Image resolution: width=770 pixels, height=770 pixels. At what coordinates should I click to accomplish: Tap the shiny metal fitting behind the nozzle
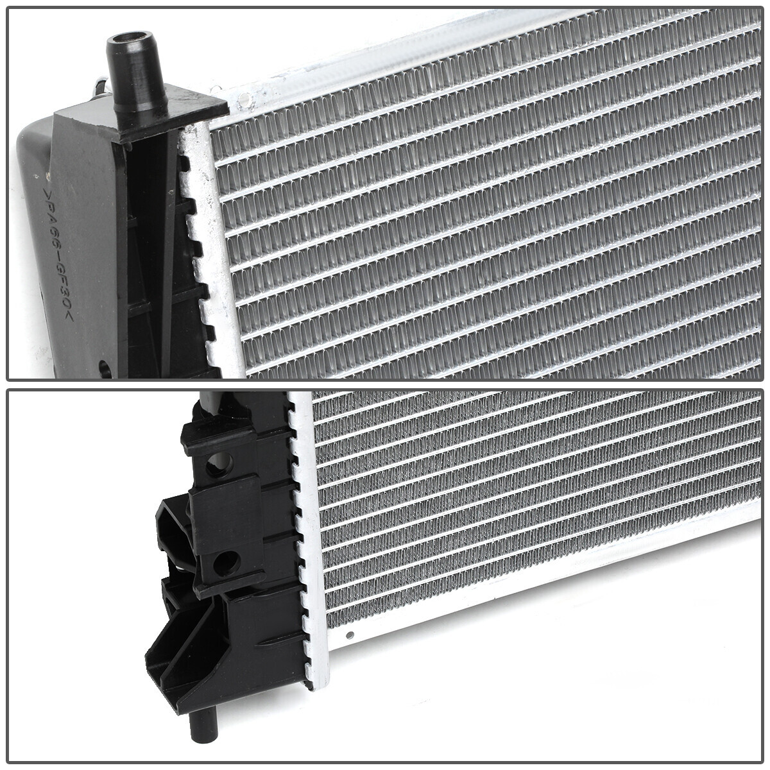click(x=99, y=83)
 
